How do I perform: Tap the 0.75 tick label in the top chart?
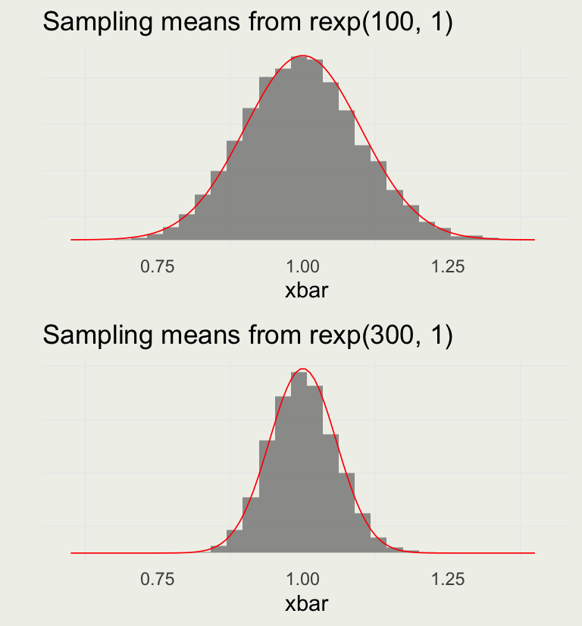pyautogui.click(x=158, y=266)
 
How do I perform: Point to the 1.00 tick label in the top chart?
pyautogui.click(x=303, y=266)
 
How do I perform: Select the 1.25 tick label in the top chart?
pyautogui.click(x=448, y=266)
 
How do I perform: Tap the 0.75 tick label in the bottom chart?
pyautogui.click(x=158, y=580)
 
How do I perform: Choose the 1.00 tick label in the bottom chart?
pyautogui.click(x=303, y=580)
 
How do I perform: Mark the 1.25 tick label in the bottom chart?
pyautogui.click(x=448, y=580)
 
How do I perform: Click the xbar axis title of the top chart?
pyautogui.click(x=306, y=290)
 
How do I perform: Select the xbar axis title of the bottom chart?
pyautogui.click(x=306, y=604)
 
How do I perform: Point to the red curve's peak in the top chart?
pyautogui.click(x=303, y=55)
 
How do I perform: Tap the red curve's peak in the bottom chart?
pyautogui.click(x=303, y=369)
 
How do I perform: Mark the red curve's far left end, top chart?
pyautogui.click(x=71, y=240)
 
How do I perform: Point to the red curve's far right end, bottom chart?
pyautogui.click(x=534, y=553)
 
